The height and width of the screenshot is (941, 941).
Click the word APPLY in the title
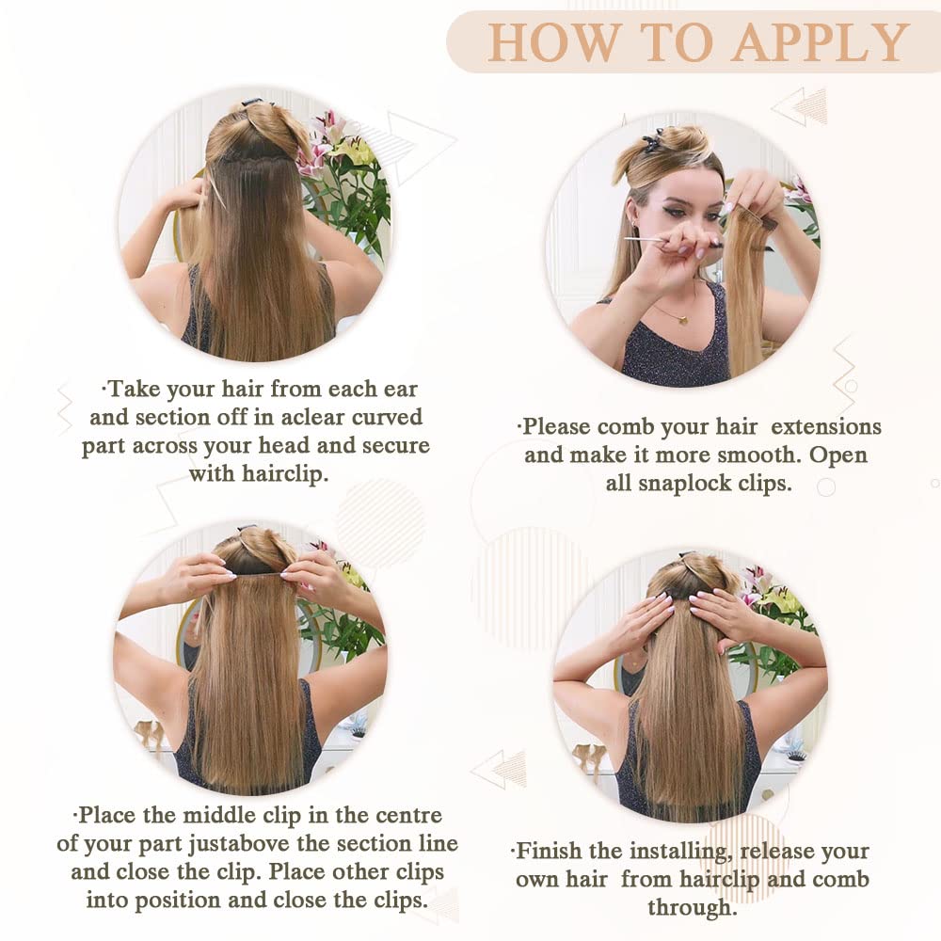tap(821, 42)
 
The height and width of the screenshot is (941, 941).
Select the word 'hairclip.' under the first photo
tap(285, 474)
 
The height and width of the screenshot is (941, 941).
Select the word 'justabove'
tap(239, 844)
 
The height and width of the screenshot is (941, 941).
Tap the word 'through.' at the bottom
tap(693, 907)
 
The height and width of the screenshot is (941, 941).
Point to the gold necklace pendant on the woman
tap(682, 319)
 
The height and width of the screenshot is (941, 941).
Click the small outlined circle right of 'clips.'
tap(826, 487)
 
